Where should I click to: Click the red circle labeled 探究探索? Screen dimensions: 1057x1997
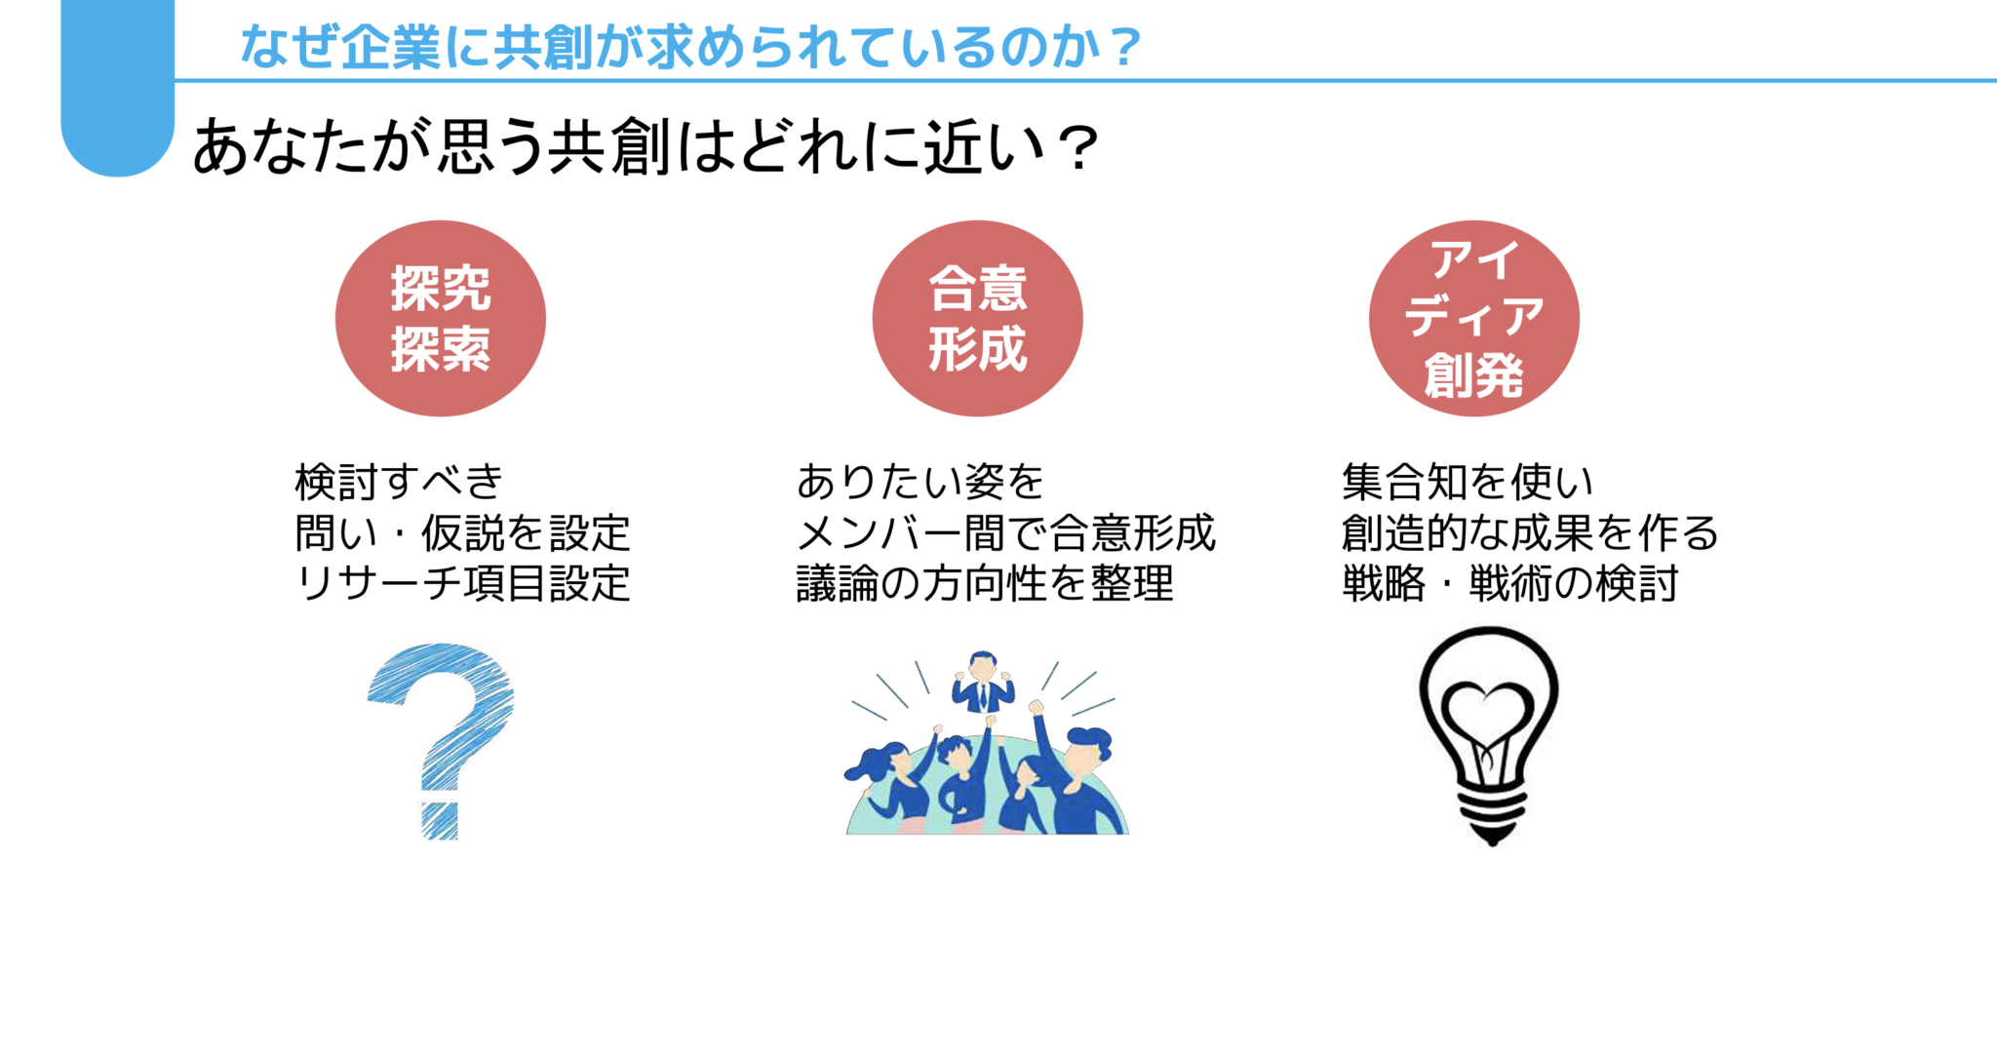[x=441, y=318]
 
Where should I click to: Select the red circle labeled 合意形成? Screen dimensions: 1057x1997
[x=977, y=318]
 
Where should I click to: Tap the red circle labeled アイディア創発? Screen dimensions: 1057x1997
[x=1473, y=318]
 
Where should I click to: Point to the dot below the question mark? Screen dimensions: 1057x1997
[x=440, y=820]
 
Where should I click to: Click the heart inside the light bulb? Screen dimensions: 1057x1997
[x=1487, y=713]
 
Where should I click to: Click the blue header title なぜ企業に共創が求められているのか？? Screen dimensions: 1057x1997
[x=690, y=46]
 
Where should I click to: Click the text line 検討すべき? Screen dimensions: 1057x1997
[x=399, y=482]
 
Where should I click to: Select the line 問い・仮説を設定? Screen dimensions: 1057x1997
[x=462, y=533]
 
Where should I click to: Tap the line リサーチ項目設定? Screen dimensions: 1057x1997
[x=462, y=584]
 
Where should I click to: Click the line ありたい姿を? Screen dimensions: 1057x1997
[x=920, y=482]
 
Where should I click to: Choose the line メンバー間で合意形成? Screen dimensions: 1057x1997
[x=1005, y=533]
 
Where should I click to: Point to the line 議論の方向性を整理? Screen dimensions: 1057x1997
[x=985, y=584]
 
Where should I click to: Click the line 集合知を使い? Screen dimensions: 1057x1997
[x=1468, y=482]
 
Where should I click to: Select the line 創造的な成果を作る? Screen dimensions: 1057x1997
[x=1529, y=533]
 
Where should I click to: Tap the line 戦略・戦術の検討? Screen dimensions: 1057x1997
[x=1509, y=584]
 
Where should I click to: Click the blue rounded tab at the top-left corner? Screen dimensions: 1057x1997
[x=117, y=88]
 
